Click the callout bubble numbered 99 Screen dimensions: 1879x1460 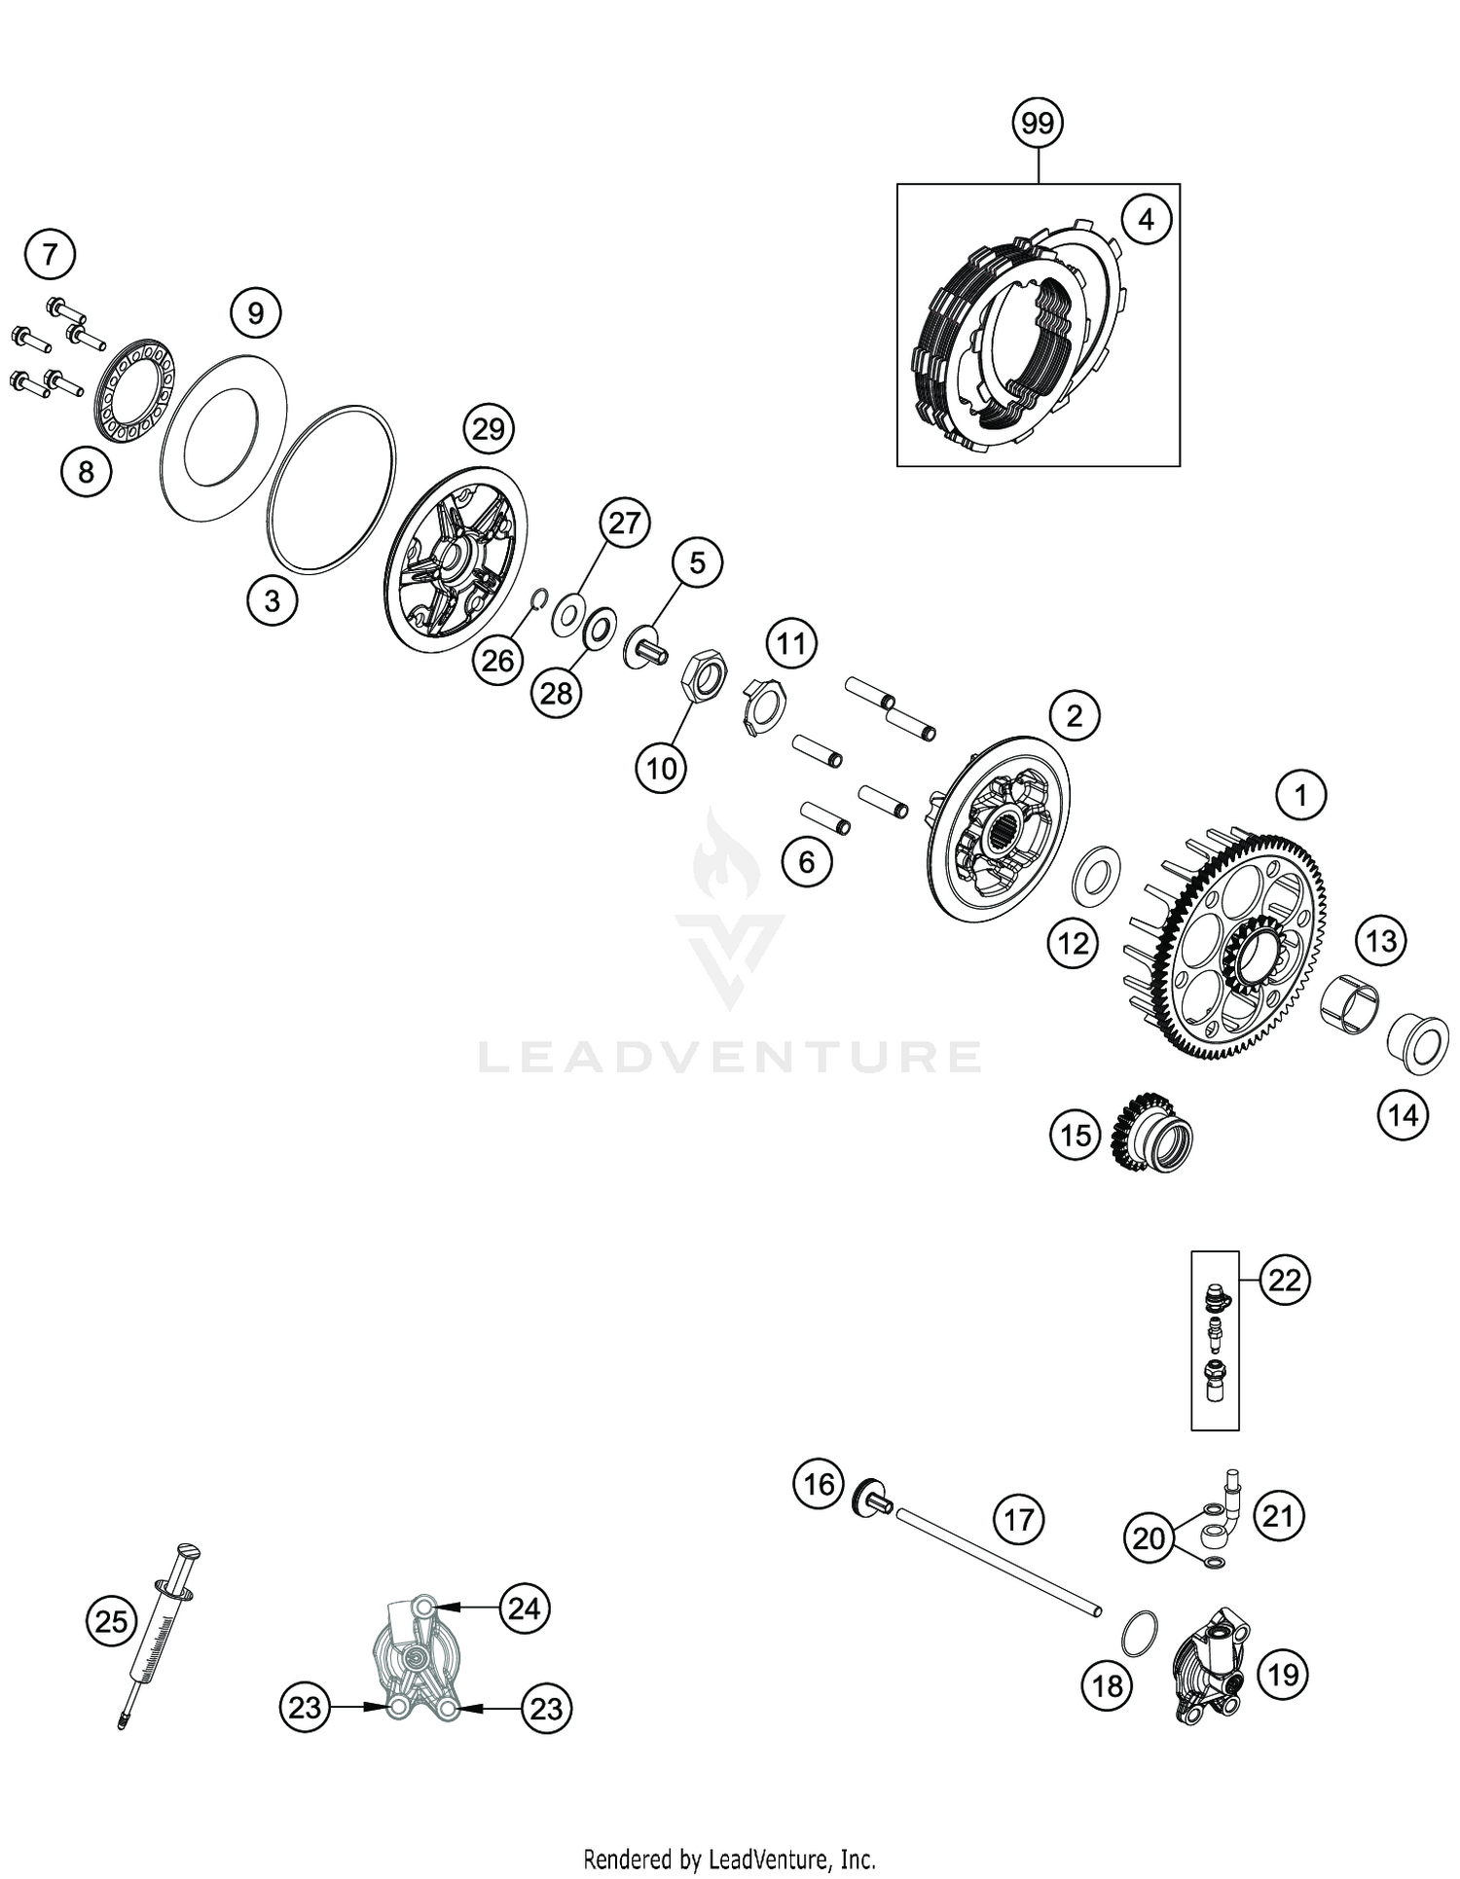click(1038, 124)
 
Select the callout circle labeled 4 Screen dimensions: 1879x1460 click(1146, 220)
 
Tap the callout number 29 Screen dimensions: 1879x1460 click(488, 429)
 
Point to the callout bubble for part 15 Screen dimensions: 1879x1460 click(1075, 1136)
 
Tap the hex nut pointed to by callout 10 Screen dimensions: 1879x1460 click(701, 675)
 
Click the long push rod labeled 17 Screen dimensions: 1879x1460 click(998, 1560)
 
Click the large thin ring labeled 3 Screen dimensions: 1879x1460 click(333, 488)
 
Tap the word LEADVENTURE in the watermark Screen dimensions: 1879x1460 click(729, 1057)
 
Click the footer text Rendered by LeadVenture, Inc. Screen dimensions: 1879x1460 click(729, 1860)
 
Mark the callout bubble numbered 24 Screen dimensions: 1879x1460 click(524, 1608)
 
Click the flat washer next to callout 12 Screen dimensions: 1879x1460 click(1096, 873)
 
